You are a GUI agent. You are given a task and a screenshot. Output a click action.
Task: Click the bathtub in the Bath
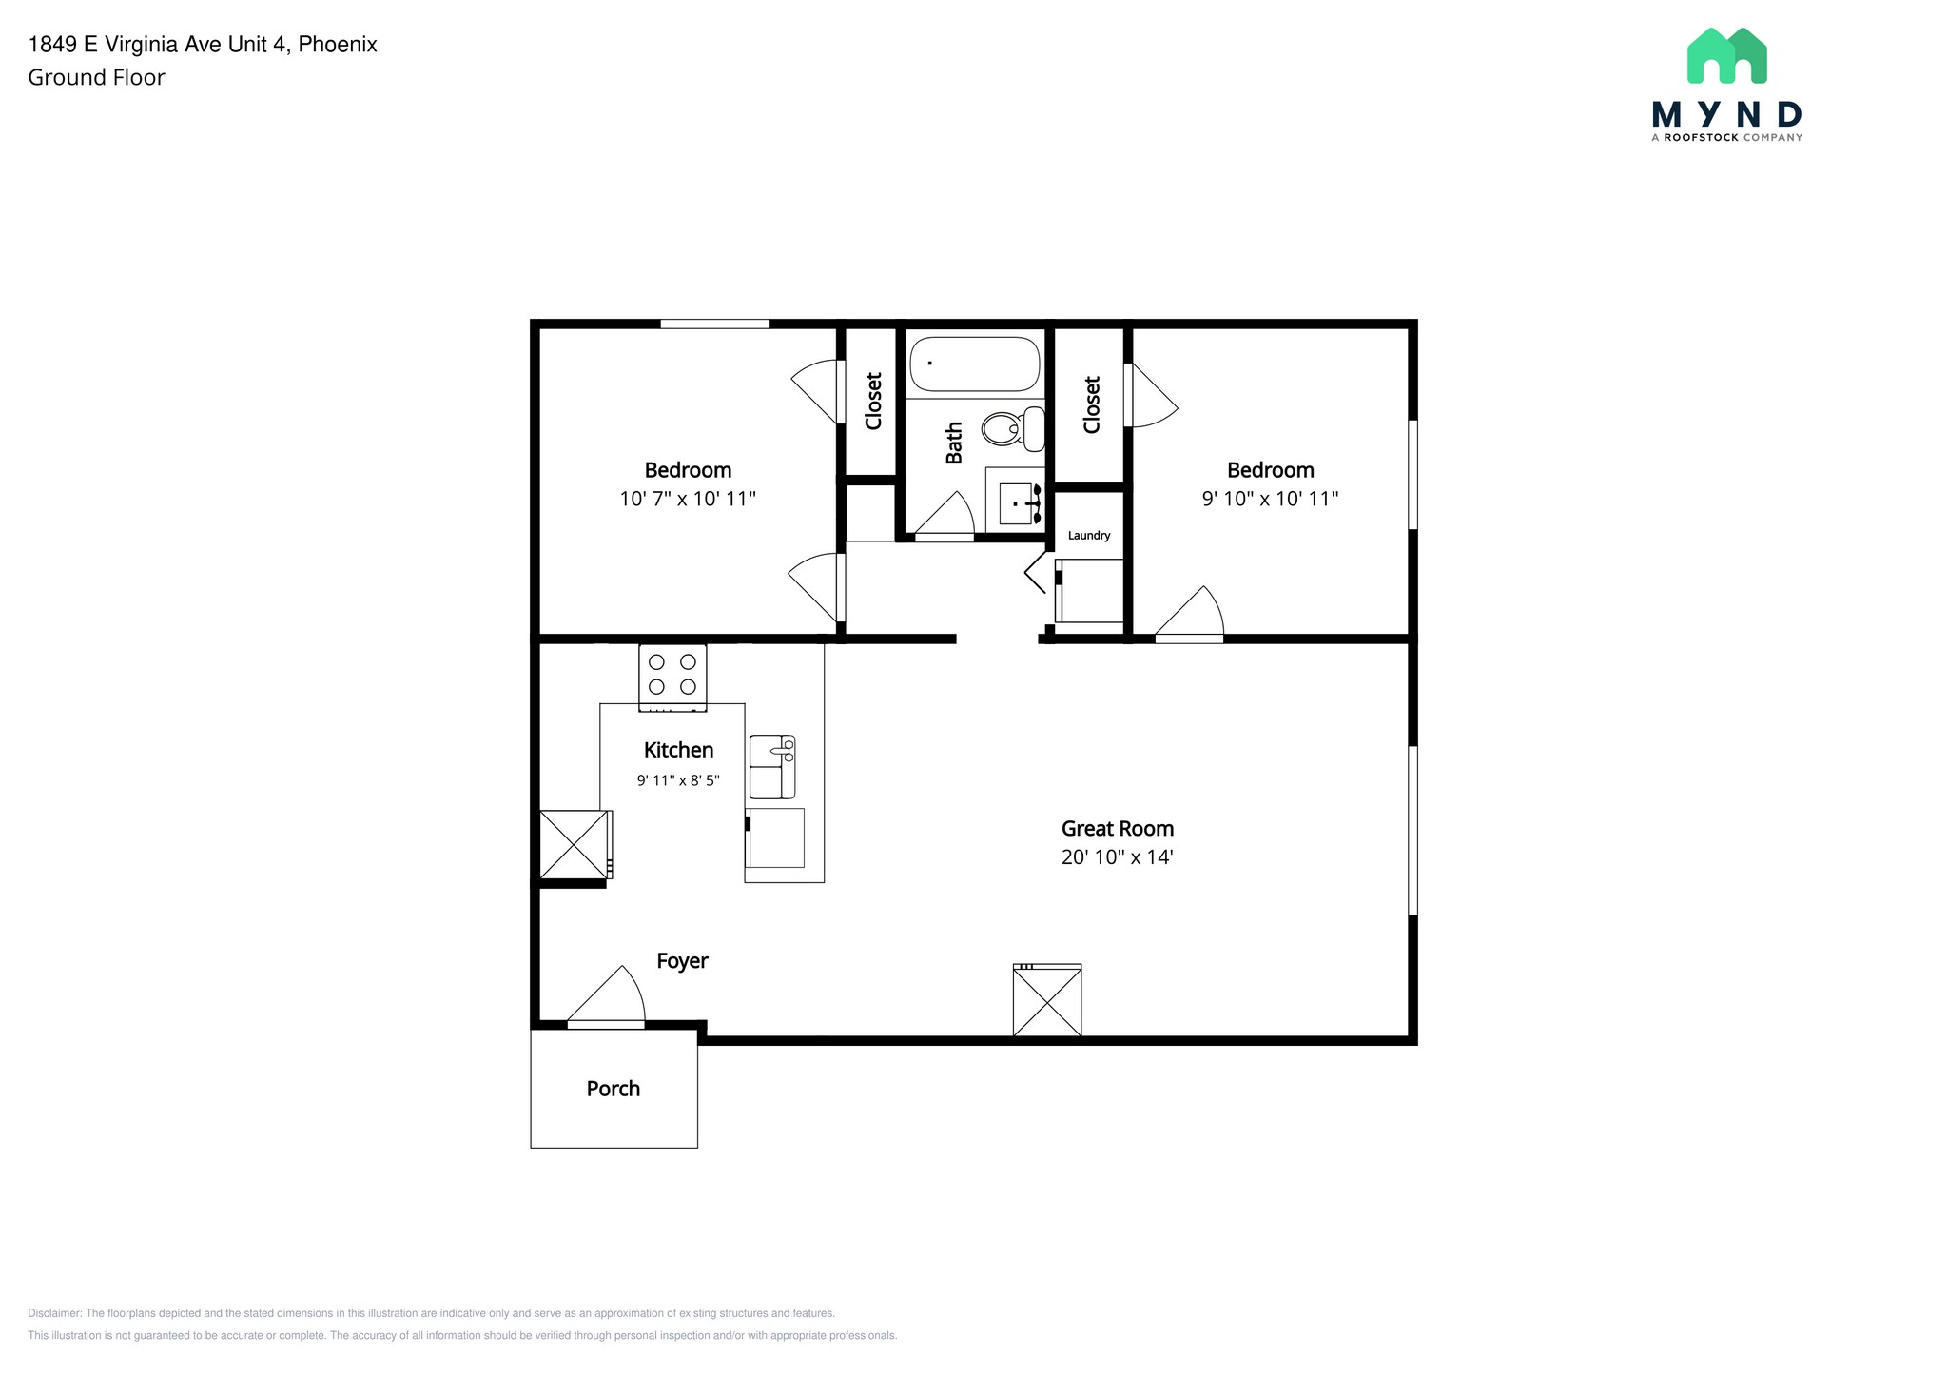click(975, 364)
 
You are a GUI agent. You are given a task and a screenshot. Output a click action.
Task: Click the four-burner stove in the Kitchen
click(672, 678)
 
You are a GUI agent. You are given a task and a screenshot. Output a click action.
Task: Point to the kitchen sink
click(772, 766)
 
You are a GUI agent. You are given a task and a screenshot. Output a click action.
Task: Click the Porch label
click(614, 1089)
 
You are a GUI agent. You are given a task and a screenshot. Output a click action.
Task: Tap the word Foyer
click(682, 961)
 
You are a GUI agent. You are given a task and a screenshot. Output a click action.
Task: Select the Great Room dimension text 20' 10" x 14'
click(1118, 856)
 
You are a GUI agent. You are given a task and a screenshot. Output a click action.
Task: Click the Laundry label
click(1089, 535)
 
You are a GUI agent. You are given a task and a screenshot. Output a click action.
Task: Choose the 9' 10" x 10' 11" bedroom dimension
click(1271, 498)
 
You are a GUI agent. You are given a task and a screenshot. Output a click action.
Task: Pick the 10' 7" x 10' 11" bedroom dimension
click(688, 498)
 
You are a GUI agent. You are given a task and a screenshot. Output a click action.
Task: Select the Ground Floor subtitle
click(96, 77)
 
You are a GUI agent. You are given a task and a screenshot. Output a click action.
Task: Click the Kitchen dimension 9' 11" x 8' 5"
click(678, 780)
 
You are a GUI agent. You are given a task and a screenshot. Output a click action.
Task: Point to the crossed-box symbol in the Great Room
click(1047, 1000)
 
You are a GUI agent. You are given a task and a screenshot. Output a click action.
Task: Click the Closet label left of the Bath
click(873, 401)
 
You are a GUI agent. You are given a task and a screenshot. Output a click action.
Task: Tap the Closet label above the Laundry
click(1091, 404)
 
